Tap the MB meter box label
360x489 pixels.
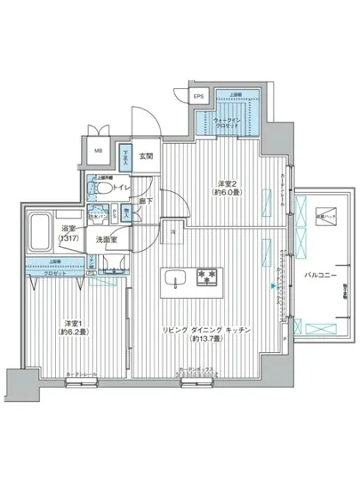pos(98,149)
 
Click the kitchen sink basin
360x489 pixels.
pos(173,276)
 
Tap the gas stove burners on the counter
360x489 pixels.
pos(207,277)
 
